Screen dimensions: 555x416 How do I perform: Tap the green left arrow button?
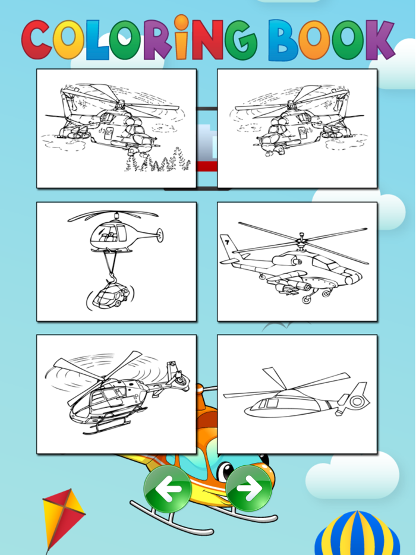click(x=167, y=488)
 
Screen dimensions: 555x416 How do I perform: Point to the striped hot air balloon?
click(x=357, y=535)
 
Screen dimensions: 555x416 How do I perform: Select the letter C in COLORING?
click(x=37, y=40)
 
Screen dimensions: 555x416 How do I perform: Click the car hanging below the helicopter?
click(x=109, y=295)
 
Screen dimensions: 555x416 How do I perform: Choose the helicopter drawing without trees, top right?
click(x=297, y=128)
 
